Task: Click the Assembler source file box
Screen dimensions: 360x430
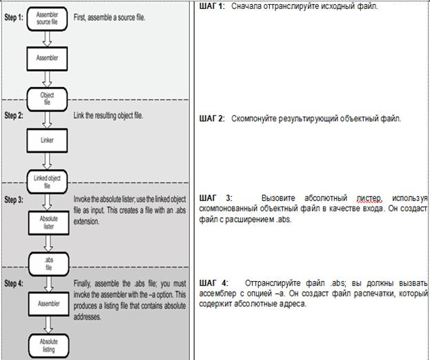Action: [47, 17]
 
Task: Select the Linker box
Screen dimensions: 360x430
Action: [47, 140]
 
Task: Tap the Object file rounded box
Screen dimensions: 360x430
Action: [47, 98]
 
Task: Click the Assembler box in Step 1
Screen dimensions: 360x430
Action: [47, 58]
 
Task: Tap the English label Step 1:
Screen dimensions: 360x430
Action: [14, 13]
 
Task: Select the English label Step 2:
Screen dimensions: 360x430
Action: [14, 115]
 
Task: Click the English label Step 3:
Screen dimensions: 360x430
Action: [14, 200]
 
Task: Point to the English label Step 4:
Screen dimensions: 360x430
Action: [14, 283]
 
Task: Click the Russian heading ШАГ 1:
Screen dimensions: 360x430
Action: [212, 6]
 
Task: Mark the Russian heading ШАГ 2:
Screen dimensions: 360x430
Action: [212, 118]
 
